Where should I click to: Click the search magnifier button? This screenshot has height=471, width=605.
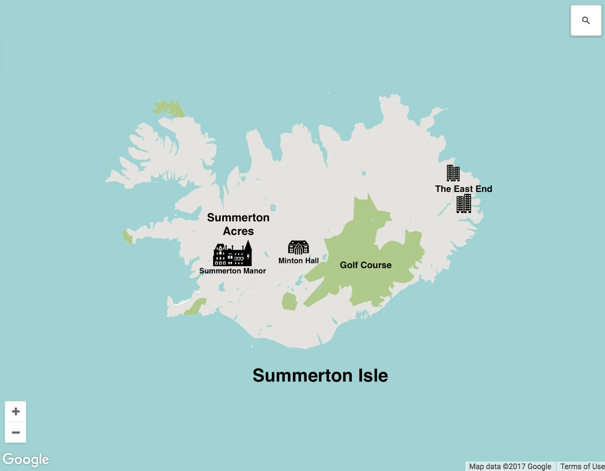coord(585,21)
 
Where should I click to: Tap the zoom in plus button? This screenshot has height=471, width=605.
coord(16,412)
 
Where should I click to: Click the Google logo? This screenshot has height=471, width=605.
coord(26,459)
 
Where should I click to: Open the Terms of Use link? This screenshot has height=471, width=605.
coord(582,466)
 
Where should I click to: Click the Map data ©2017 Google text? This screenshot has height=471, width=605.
coord(510,466)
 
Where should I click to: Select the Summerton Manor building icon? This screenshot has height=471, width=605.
coord(232,253)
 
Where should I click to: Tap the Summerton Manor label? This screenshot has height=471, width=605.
coord(232,271)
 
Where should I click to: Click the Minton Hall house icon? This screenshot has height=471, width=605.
coord(298,247)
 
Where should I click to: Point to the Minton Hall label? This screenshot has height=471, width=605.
coord(298,261)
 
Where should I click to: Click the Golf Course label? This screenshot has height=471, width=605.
coord(366,265)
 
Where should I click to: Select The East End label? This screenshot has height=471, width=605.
coord(463,189)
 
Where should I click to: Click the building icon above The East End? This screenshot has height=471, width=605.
coord(453,173)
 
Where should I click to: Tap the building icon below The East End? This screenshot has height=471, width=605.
coord(464,204)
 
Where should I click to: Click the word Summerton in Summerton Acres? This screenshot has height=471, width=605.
coord(238,218)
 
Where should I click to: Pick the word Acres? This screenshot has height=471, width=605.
coord(238,231)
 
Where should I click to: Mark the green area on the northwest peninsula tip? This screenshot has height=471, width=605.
coord(169,108)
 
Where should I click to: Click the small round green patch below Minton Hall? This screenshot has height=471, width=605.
coord(289,301)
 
